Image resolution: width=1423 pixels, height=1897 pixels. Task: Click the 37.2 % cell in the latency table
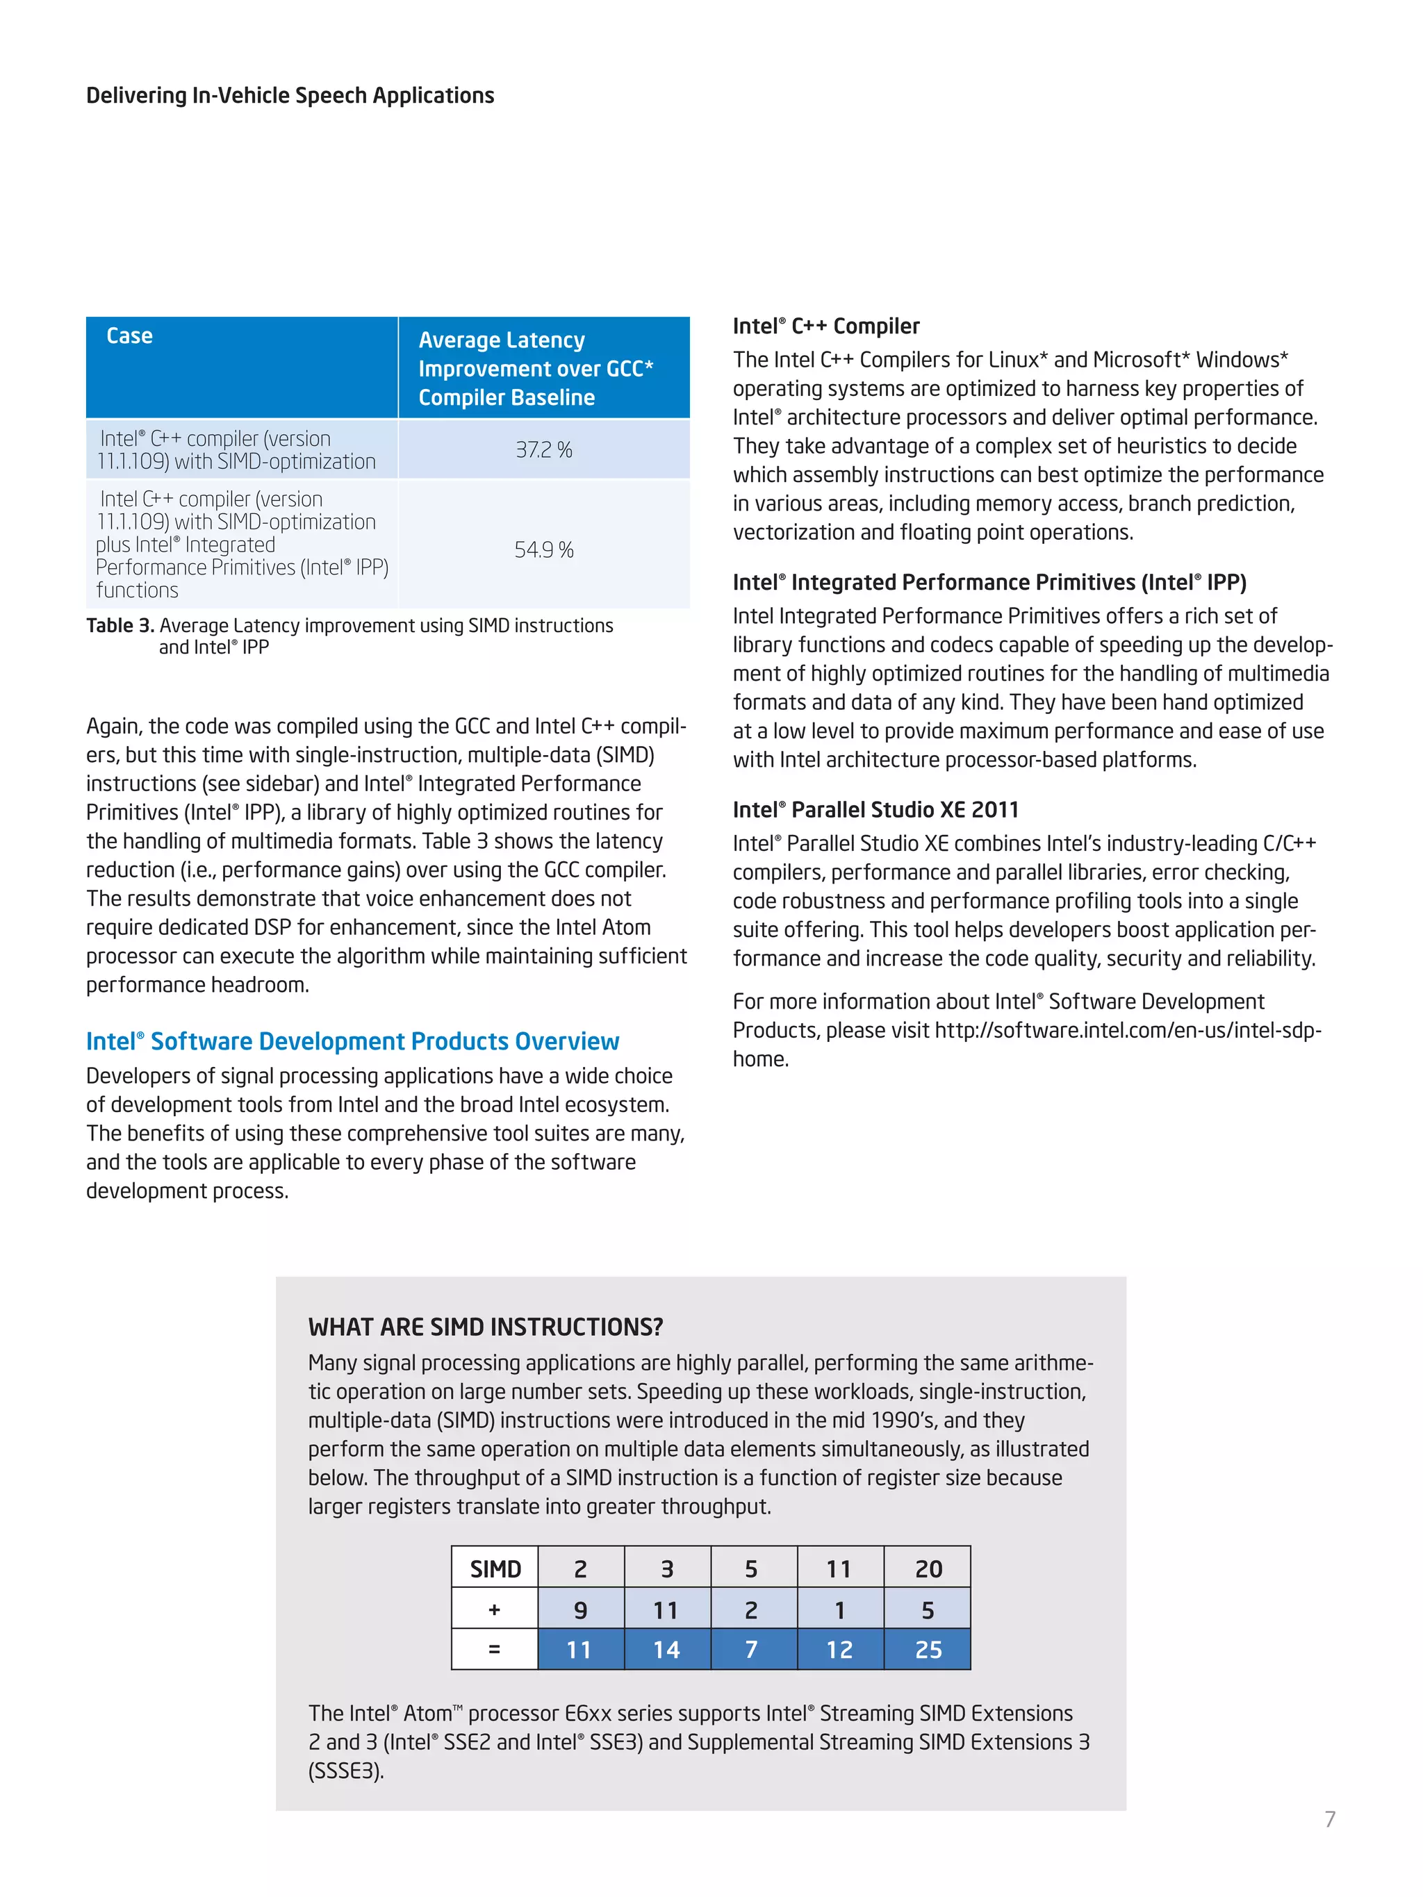[x=544, y=449]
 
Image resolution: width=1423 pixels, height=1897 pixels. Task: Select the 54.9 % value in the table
[x=544, y=549]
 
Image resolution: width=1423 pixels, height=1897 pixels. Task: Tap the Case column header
[x=129, y=336]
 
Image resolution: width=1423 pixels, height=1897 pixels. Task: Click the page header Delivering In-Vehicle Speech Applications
[x=290, y=95]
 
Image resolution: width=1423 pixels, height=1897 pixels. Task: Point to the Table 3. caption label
[x=120, y=625]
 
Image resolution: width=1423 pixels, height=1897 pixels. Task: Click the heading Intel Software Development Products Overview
[x=352, y=1041]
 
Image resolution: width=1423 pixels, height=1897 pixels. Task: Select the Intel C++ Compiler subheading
[x=825, y=326]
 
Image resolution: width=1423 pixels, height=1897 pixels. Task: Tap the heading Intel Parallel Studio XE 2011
[x=875, y=809]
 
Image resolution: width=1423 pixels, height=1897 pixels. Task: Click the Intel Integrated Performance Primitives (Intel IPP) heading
[x=989, y=582]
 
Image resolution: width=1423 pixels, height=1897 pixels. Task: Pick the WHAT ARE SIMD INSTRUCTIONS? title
[x=486, y=1327]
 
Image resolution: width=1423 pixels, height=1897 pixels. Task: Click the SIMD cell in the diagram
[x=495, y=1568]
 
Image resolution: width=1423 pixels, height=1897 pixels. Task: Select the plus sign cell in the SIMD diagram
[x=494, y=1609]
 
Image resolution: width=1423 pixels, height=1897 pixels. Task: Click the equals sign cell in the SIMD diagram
[x=494, y=1649]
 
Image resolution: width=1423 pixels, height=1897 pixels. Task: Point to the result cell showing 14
[x=666, y=1649]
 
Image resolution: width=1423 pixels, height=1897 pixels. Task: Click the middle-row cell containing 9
[x=580, y=1609]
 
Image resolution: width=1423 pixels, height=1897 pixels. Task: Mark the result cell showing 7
[x=751, y=1649]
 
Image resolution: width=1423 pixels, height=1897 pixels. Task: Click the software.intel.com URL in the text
[x=1127, y=1030]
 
